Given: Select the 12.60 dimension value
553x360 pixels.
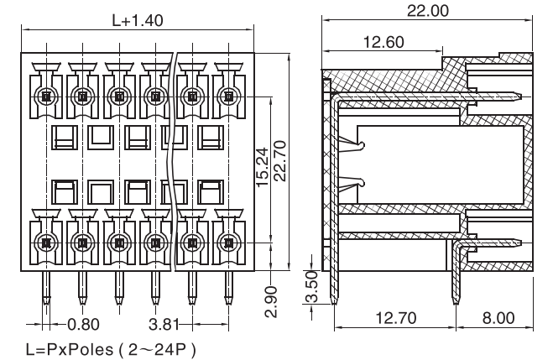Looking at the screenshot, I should (385, 42).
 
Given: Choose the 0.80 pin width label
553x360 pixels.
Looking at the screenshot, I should (82, 323).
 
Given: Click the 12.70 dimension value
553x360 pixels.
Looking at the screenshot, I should (394, 320).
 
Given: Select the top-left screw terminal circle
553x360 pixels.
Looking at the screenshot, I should (44, 96).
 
